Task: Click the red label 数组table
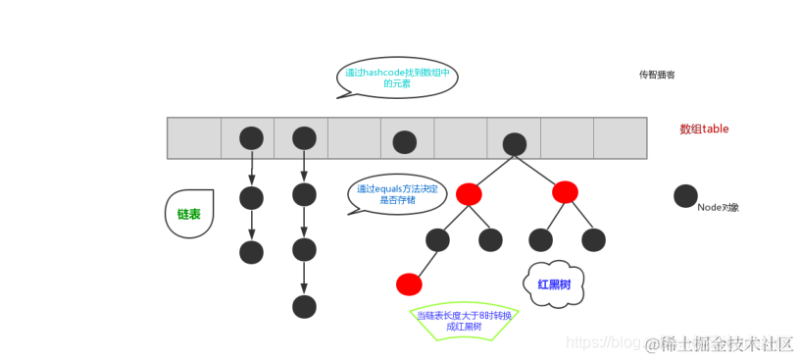(x=704, y=129)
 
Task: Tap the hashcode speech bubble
(x=398, y=78)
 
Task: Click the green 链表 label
(x=189, y=213)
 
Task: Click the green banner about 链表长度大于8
(x=463, y=320)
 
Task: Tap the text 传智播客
(x=657, y=75)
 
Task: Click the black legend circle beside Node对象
(x=686, y=196)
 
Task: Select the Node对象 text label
(x=719, y=208)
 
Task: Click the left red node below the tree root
(x=469, y=193)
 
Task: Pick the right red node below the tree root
(x=565, y=192)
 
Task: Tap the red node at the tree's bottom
(x=409, y=284)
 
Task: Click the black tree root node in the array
(x=514, y=144)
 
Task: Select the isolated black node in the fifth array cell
(x=405, y=142)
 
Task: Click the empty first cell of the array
(x=194, y=138)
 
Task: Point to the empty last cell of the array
(x=620, y=138)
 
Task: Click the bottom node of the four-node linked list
(x=305, y=306)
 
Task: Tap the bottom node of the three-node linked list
(x=252, y=252)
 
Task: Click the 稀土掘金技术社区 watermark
(x=726, y=342)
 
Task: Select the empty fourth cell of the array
(x=354, y=138)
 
